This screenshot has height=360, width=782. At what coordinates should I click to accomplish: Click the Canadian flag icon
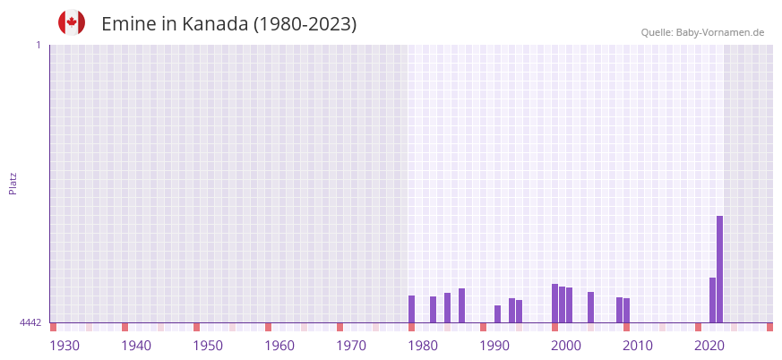click(x=72, y=22)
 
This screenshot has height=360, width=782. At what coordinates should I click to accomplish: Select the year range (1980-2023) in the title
click(x=305, y=24)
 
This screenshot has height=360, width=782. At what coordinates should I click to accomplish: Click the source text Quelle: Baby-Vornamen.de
click(x=702, y=32)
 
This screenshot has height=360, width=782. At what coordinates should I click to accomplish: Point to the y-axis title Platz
click(x=13, y=183)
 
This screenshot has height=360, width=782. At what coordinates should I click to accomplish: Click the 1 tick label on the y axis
click(x=38, y=45)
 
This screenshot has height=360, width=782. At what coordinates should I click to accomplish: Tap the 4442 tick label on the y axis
click(x=30, y=322)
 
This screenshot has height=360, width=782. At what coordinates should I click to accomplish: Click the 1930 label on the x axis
click(x=64, y=346)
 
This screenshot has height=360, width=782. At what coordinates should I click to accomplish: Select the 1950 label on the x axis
click(x=208, y=346)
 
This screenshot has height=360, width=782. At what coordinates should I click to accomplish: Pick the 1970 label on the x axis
click(x=351, y=346)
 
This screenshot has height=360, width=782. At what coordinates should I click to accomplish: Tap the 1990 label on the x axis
click(x=494, y=346)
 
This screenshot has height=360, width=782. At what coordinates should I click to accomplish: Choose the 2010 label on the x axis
click(x=638, y=346)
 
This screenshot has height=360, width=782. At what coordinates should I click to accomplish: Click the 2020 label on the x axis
click(x=709, y=346)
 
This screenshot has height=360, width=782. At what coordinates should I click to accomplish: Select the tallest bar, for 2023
click(x=719, y=269)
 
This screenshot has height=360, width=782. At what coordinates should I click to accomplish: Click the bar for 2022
click(x=712, y=300)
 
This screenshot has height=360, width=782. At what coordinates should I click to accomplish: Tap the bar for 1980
click(x=411, y=309)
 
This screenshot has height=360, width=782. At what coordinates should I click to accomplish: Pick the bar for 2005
click(x=590, y=307)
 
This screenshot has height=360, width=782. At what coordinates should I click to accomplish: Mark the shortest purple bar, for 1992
click(x=497, y=314)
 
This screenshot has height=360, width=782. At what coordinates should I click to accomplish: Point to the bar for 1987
click(x=461, y=305)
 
